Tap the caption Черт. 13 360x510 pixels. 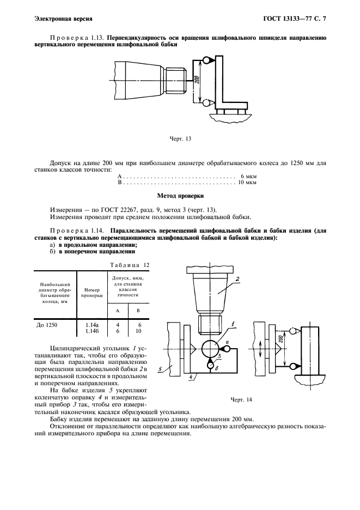[x=180, y=138]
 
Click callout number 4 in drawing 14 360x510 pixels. [x=189, y=376]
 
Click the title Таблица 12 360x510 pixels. [x=130, y=265]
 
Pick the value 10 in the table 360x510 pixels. [x=138, y=330]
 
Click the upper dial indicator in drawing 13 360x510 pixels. [x=206, y=59]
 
